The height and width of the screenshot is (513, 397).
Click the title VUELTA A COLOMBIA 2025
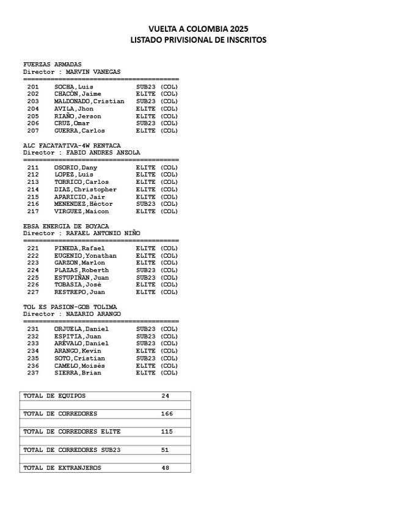tap(198, 29)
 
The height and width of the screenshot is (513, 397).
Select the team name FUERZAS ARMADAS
tap(53, 65)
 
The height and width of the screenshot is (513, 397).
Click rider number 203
tap(33, 101)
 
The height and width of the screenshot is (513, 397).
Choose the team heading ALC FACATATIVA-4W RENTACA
tap(72, 145)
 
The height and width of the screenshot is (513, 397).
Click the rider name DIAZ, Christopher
tap(85, 189)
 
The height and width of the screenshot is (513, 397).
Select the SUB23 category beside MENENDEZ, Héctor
tap(146, 204)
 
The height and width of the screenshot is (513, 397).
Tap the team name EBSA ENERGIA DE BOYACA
tap(66, 226)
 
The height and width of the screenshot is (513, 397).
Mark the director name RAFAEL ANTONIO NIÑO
tap(103, 233)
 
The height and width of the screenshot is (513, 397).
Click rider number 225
tap(33, 277)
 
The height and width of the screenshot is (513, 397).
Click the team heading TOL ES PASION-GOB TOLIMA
tap(70, 307)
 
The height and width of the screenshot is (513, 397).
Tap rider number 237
tap(33, 373)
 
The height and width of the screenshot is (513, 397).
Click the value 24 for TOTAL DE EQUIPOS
tap(166, 396)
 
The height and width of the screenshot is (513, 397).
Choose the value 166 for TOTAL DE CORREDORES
tap(167, 413)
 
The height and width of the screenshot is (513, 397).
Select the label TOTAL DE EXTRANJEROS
tap(62, 468)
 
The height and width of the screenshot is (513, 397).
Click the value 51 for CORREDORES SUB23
tap(166, 450)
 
